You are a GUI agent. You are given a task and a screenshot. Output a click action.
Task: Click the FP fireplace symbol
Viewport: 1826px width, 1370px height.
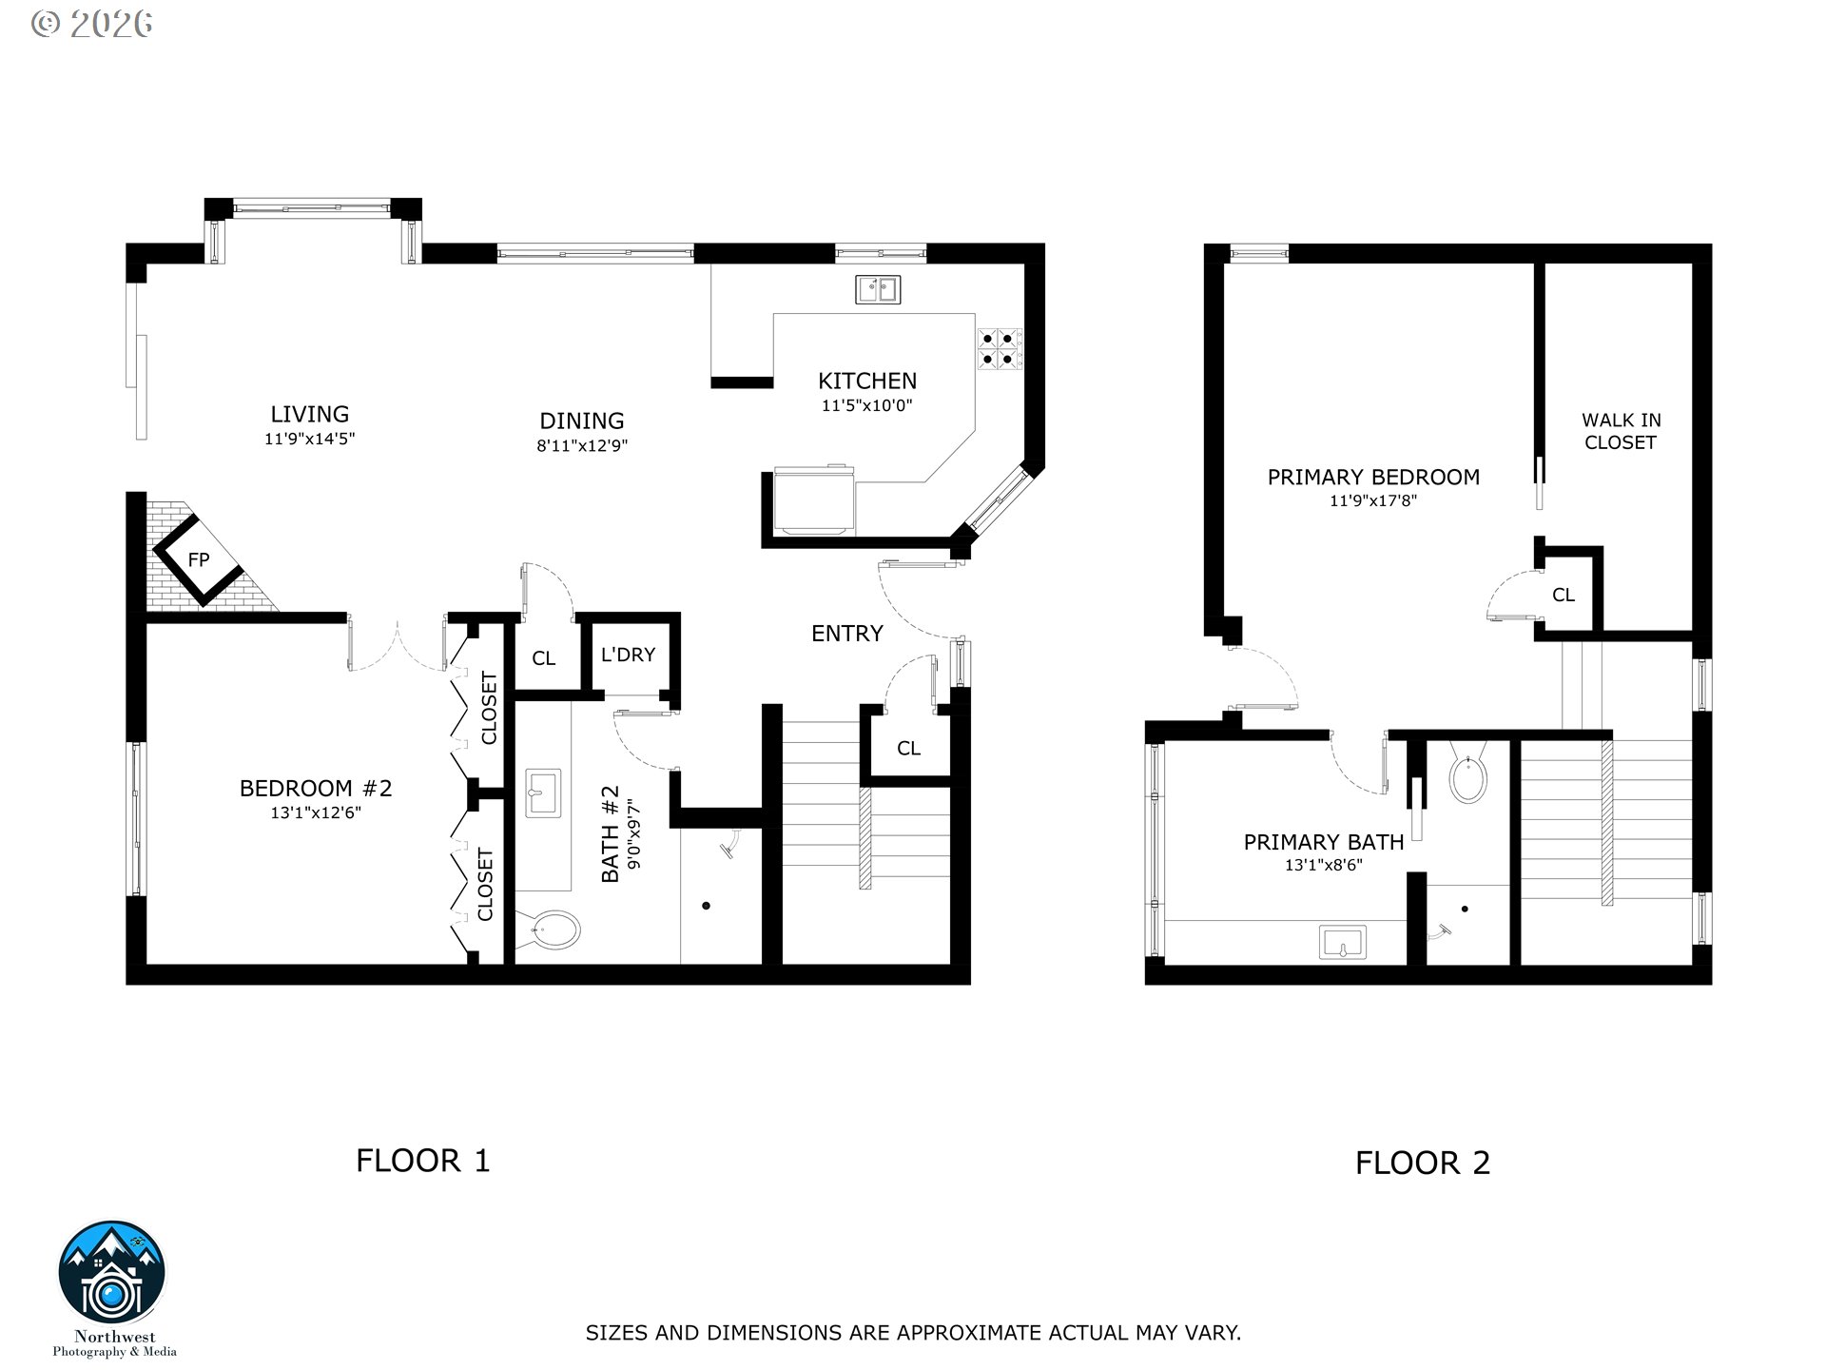(x=199, y=559)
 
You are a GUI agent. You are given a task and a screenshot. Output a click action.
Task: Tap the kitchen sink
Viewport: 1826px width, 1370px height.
(x=878, y=289)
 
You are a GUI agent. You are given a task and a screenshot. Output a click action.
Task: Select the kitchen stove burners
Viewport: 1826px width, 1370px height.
(x=1000, y=348)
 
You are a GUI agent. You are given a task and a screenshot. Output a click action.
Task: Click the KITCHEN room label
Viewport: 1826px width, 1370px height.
(x=867, y=381)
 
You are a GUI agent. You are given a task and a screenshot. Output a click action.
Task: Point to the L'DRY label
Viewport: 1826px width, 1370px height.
(x=628, y=655)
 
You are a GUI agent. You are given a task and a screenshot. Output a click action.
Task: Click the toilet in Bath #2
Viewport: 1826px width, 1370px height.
(x=548, y=929)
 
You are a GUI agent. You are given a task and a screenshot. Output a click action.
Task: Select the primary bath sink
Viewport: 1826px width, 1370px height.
(x=1343, y=942)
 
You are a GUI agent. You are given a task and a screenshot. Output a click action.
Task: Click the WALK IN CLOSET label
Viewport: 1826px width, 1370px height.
(x=1621, y=431)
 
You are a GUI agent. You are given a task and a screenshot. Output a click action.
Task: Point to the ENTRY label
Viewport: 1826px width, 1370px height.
(x=846, y=634)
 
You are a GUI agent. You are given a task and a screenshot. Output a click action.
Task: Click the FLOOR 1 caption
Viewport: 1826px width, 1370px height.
(x=423, y=1161)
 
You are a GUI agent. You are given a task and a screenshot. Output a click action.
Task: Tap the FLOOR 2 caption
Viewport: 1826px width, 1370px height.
(x=1423, y=1163)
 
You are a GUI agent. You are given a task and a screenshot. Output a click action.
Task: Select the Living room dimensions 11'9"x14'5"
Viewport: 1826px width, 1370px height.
(x=310, y=439)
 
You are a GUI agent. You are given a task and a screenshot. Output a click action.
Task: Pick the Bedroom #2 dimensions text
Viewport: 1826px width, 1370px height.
(x=316, y=812)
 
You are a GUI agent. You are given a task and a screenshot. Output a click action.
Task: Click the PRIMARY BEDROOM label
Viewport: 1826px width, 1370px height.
(x=1373, y=478)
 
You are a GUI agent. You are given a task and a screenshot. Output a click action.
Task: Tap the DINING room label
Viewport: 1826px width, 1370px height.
(x=582, y=421)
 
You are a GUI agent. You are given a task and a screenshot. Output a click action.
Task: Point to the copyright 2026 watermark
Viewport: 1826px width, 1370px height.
(x=91, y=24)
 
